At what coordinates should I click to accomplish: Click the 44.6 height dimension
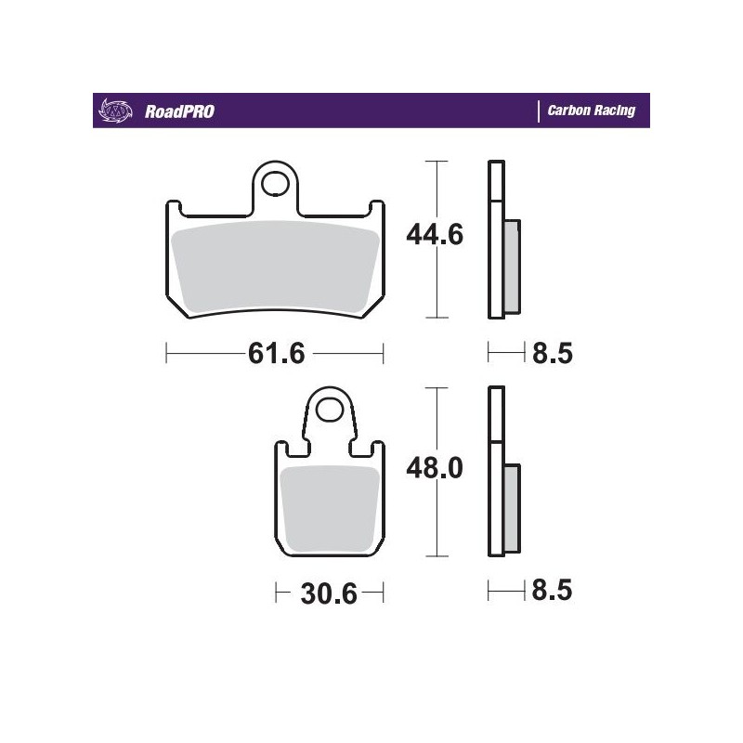click(x=435, y=236)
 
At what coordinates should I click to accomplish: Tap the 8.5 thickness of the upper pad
click(x=551, y=354)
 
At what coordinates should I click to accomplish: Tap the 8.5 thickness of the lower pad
click(x=551, y=590)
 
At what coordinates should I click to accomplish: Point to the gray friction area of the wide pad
click(x=276, y=269)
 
